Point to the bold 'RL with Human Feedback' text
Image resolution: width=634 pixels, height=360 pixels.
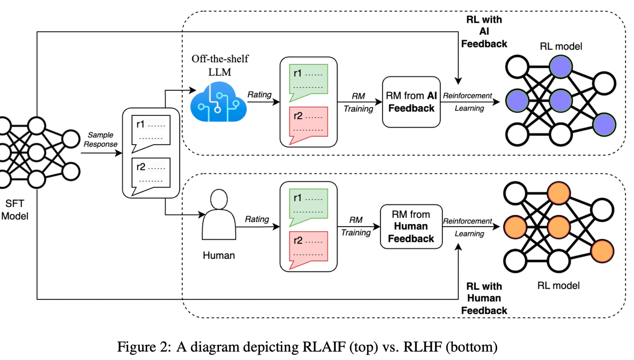483,298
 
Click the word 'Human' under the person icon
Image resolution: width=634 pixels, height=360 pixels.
218,255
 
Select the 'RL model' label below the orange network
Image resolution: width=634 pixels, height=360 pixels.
559,286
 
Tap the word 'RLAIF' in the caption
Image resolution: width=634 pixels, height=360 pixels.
319,347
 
